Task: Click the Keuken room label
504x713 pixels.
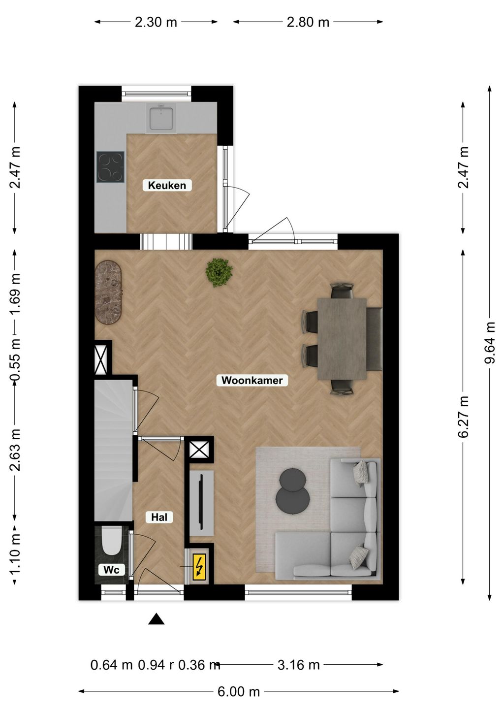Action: (x=167, y=185)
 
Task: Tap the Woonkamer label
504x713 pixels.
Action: (x=252, y=380)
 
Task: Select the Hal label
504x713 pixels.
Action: (x=159, y=517)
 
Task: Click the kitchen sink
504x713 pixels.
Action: (x=161, y=118)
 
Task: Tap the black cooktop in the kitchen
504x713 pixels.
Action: (x=110, y=167)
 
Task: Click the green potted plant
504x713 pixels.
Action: (x=219, y=272)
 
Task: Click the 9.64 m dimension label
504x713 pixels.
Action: (x=490, y=343)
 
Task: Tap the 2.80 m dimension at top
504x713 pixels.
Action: (x=308, y=22)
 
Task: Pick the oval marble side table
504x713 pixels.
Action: (x=109, y=292)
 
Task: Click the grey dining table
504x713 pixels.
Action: (x=342, y=339)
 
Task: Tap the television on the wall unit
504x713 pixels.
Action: (x=201, y=502)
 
